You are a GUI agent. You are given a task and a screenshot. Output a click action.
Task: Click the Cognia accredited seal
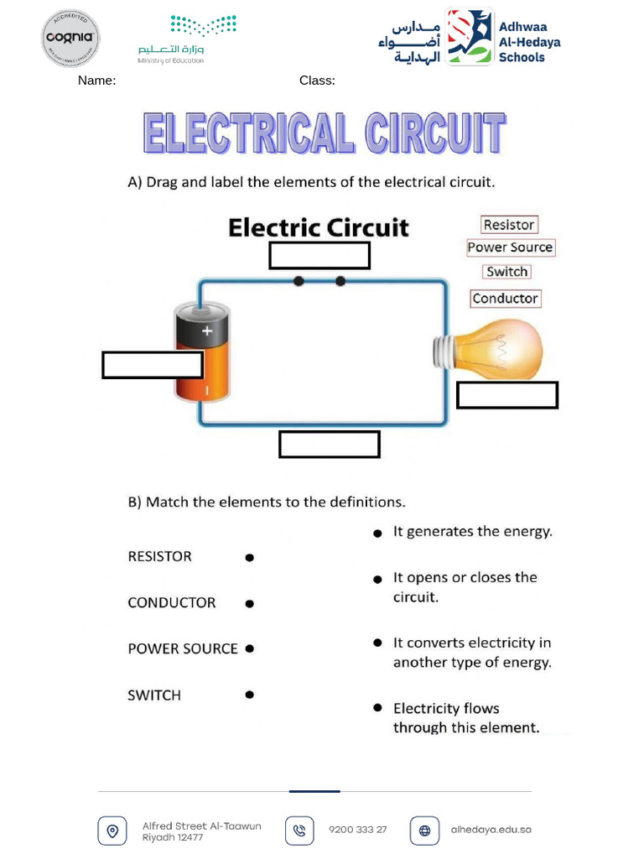click(71, 38)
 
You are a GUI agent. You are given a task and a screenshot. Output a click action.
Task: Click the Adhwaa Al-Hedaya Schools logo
click(470, 37)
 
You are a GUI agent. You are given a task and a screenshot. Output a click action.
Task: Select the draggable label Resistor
click(508, 225)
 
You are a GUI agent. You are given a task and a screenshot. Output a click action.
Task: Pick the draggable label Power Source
click(510, 247)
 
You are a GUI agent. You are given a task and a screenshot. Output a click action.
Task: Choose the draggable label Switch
click(507, 272)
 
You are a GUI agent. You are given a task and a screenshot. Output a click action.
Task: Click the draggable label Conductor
click(505, 299)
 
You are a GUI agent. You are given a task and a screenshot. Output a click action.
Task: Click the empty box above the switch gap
click(319, 256)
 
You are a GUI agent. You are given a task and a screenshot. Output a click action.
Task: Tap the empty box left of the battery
click(152, 365)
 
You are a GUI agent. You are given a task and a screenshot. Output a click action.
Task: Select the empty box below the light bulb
click(507, 395)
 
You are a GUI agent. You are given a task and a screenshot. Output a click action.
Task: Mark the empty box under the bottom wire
click(330, 445)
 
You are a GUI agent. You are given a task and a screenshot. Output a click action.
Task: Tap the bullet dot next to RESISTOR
click(249, 558)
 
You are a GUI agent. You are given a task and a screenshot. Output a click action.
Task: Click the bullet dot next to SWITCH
click(249, 695)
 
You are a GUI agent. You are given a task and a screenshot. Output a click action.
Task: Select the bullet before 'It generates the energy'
click(378, 533)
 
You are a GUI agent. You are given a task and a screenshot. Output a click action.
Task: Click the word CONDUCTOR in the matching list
click(172, 602)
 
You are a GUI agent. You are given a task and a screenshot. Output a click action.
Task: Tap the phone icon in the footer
click(299, 830)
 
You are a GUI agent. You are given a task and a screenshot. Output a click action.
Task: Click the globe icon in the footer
click(424, 830)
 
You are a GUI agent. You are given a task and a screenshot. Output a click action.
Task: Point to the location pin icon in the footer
click(112, 830)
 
